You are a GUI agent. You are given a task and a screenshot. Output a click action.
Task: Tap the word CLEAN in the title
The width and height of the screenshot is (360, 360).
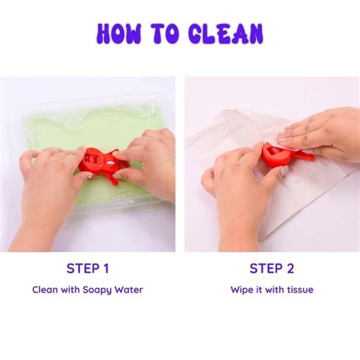[x=226, y=33]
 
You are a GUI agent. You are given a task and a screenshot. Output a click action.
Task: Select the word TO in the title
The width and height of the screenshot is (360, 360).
[x=165, y=33]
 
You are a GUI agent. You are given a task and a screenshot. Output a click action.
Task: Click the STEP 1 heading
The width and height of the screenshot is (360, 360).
[x=87, y=268]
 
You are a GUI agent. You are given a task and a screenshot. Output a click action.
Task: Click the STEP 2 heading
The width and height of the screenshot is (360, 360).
[x=272, y=268]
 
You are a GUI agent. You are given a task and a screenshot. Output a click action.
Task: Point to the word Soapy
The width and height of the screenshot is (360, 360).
[x=97, y=290]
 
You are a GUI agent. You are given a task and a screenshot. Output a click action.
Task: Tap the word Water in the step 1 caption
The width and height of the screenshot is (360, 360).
[x=128, y=289]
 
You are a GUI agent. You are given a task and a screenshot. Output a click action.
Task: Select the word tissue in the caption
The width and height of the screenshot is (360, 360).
[x=300, y=289]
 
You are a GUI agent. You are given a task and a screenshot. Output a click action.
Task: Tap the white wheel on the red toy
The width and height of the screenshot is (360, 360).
[x=109, y=163]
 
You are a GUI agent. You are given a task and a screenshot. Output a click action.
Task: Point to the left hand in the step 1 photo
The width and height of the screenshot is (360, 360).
[x=48, y=192]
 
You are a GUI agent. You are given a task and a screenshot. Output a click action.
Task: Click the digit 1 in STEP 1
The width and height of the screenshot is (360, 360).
[x=106, y=268]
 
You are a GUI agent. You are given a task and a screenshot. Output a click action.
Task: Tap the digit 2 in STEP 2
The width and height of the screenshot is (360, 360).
[x=290, y=268]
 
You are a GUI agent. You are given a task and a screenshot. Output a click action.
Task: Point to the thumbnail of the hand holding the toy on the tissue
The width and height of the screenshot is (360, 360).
[x=286, y=171]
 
